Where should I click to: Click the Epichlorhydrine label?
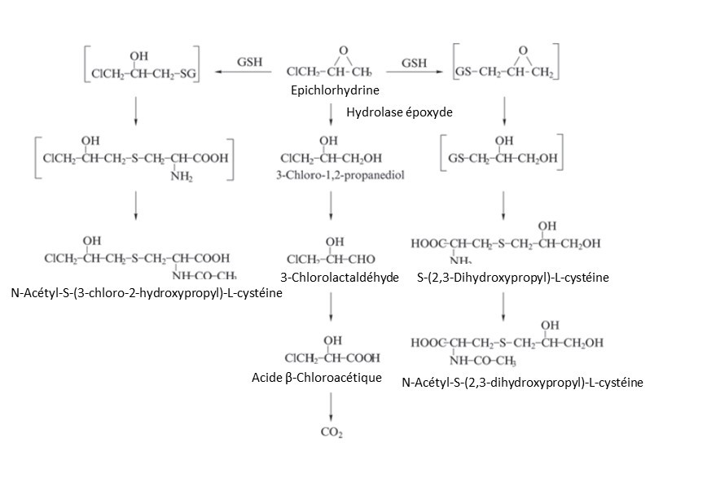click(323, 90)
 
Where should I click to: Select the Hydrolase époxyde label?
click(399, 112)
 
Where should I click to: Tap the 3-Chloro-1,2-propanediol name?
click(331, 175)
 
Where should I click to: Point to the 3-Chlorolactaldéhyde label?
click(340, 278)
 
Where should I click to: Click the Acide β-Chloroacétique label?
click(317, 377)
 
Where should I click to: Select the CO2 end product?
click(331, 432)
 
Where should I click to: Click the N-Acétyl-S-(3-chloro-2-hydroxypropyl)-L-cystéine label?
click(147, 292)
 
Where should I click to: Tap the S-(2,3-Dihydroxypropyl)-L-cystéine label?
click(512, 278)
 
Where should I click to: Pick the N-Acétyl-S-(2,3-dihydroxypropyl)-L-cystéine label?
click(523, 382)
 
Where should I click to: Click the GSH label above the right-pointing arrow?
click(415, 62)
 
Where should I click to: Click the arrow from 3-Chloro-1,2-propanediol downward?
click(331, 207)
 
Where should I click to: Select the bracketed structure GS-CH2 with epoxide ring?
click(505, 65)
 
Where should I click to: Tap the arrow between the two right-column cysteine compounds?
click(504, 304)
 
